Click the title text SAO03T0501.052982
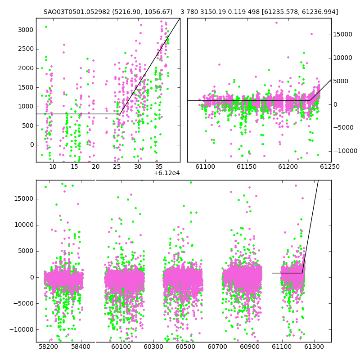click(76, 12)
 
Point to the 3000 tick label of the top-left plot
click(26, 30)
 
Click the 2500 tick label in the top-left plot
click(26, 49)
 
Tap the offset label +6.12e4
click(166, 173)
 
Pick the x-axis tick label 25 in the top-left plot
click(117, 166)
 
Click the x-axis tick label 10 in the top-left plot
click(53, 166)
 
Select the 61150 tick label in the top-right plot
click(247, 166)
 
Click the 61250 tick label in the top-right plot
click(330, 166)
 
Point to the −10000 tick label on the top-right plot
click(345, 151)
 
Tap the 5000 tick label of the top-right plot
click(341, 81)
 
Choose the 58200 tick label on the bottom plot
click(49, 346)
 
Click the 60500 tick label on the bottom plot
click(185, 346)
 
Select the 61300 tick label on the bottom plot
click(314, 346)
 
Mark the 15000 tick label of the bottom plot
click(24, 198)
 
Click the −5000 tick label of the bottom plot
click(24, 303)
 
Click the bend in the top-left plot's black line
click(120, 114)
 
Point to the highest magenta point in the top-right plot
click(276, 23)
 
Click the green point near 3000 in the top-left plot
click(46, 27)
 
